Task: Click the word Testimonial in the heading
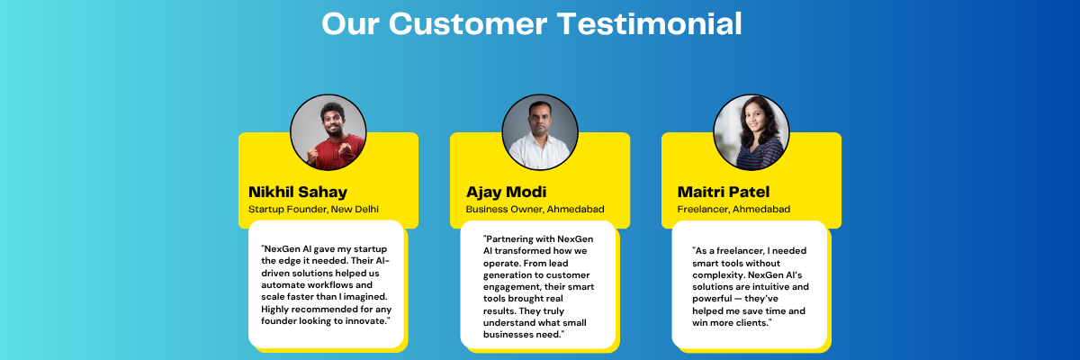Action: click(649, 23)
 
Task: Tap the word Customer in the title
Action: click(468, 23)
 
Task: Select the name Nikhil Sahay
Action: click(298, 192)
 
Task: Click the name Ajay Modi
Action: click(506, 192)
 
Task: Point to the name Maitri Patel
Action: click(724, 192)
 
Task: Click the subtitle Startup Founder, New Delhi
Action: click(313, 209)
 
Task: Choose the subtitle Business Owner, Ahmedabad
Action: click(535, 209)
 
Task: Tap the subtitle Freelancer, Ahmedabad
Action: click(733, 209)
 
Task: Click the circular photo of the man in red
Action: click(328, 132)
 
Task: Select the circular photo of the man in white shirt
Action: click(539, 132)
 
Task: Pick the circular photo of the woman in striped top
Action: click(751, 132)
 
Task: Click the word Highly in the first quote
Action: click(274, 310)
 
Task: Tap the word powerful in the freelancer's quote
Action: click(712, 299)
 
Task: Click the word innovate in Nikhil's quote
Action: click(367, 321)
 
